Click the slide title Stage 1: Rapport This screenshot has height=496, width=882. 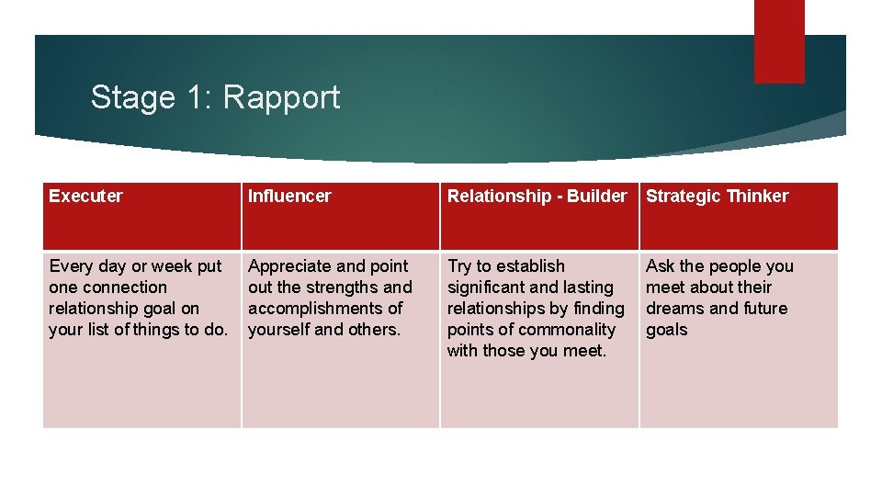tap(215, 97)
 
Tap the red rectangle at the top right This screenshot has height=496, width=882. tap(778, 41)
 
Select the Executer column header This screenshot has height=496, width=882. tap(85, 196)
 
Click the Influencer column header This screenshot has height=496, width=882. tap(289, 196)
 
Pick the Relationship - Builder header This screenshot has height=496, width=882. tap(537, 196)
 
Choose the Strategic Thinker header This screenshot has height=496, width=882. tap(717, 196)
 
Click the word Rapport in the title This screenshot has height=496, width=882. tap(281, 97)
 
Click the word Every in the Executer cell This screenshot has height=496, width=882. tap(71, 266)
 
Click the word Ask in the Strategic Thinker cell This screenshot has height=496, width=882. tap(661, 266)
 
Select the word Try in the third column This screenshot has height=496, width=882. tap(458, 266)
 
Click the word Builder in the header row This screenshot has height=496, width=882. tap(597, 196)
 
